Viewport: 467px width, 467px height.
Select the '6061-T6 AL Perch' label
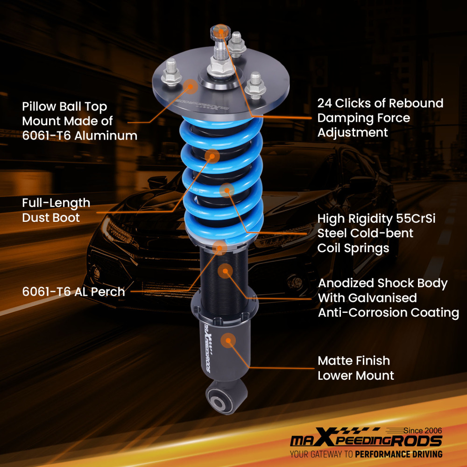pyautogui.click(x=74, y=292)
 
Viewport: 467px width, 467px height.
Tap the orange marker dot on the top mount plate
pyautogui.click(x=190, y=86)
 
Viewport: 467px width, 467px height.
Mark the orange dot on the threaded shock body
pyautogui.click(x=225, y=270)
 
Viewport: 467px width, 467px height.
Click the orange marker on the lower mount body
pyautogui.click(x=228, y=340)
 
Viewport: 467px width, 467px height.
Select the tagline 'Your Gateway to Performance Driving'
pyautogui.click(x=366, y=454)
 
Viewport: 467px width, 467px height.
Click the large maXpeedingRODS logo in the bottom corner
pyautogui.click(x=366, y=440)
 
